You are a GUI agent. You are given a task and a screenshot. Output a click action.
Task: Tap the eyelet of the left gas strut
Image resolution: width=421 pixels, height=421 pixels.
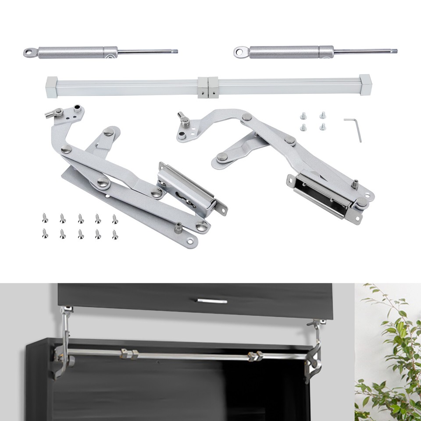(29, 53)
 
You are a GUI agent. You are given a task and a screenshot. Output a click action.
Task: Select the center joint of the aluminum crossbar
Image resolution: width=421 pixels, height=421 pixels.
(207, 87)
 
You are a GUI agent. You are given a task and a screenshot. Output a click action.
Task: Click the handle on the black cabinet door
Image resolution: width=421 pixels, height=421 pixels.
(212, 301)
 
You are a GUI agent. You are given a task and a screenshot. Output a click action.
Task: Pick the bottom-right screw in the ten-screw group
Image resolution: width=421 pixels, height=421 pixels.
(115, 234)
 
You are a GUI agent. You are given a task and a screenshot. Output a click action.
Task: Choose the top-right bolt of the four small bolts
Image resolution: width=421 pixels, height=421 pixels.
(322, 115)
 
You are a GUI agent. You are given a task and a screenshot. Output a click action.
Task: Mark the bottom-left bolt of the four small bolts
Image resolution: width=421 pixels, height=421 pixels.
(303, 127)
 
